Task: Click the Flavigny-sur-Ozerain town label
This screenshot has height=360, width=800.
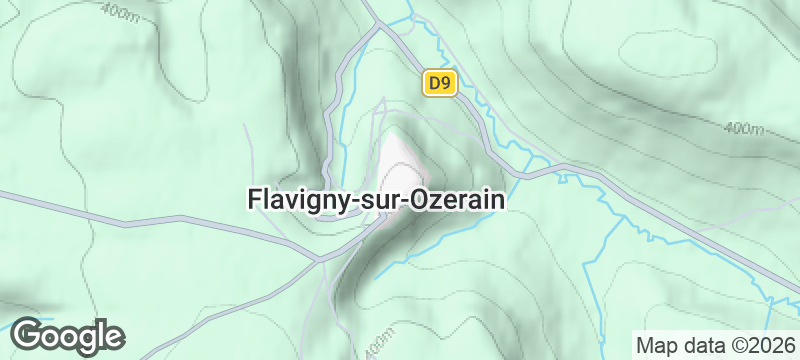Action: click(x=375, y=200)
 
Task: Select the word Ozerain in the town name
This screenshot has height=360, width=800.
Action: click(x=456, y=200)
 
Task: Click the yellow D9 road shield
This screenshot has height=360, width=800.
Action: click(x=438, y=84)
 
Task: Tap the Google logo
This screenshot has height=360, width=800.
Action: click(x=67, y=336)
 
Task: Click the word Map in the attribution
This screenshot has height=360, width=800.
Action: click(x=656, y=345)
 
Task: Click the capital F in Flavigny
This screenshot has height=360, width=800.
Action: click(x=253, y=200)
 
